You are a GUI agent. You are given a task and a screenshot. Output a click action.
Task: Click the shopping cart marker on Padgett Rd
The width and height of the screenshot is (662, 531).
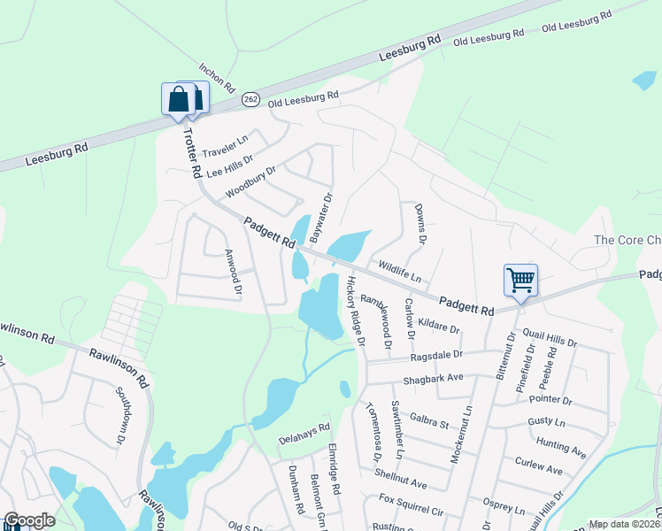pos(521,281)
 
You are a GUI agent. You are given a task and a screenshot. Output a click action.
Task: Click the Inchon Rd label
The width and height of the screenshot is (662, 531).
pos(217,78)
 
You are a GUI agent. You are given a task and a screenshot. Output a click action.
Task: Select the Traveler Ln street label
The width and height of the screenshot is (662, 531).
pos(225,143)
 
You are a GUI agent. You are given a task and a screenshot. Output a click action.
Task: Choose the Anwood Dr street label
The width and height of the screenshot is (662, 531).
pos(233,271)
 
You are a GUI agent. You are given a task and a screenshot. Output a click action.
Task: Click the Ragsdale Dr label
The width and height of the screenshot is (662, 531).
pos(436,355)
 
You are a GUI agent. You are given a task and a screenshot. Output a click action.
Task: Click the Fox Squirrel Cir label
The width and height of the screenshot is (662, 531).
pos(411,510)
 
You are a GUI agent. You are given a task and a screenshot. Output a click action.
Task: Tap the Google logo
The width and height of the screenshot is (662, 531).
pos(29,520)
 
